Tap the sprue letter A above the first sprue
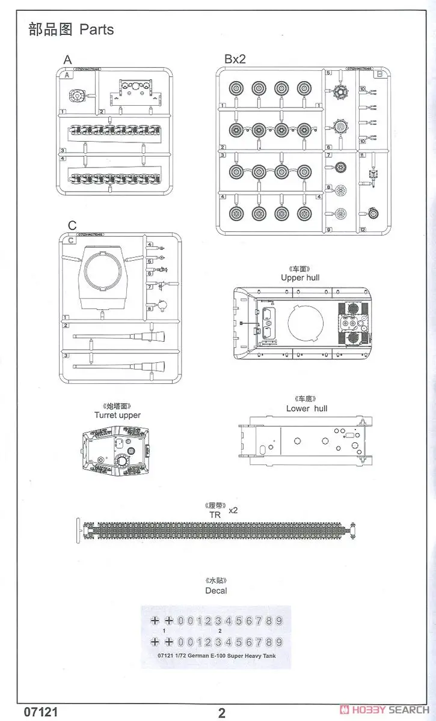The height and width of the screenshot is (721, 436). pos(67,59)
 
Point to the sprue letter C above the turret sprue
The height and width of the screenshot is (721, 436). pos(72,225)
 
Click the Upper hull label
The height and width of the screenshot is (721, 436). pos(300,278)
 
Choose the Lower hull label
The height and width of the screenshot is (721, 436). pos(307,409)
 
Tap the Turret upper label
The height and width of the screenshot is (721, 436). pos(117,415)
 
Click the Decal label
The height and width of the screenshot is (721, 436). pos(216,591)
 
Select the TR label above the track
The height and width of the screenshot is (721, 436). pos(215,515)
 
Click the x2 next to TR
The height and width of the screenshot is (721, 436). pos(233,510)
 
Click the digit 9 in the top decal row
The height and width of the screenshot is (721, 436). pos(278,621)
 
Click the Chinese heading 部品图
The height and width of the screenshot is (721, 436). pos(51,29)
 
